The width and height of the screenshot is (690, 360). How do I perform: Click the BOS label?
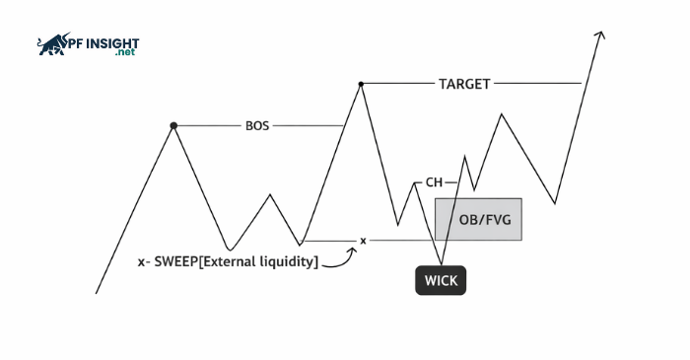click(257, 126)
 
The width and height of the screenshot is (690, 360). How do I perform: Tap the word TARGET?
click(464, 84)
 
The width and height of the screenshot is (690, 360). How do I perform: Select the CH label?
click(434, 182)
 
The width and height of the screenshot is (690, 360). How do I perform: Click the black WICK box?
click(440, 280)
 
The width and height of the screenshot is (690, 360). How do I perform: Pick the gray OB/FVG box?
click(478, 219)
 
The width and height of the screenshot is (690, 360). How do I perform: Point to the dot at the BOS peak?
click(174, 126)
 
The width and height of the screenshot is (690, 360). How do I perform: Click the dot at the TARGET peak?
click(361, 84)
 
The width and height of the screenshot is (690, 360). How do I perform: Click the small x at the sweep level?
click(363, 241)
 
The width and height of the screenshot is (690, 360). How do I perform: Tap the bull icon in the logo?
click(52, 44)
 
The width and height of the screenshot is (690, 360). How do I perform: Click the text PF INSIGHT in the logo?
click(103, 43)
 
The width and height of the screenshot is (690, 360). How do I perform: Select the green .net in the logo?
click(124, 54)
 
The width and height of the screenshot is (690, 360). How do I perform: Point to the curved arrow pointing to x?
click(340, 259)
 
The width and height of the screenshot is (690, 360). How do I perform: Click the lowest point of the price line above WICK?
click(441, 263)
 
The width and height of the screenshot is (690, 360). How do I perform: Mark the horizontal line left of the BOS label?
click(209, 126)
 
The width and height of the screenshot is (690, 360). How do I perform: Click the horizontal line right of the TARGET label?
click(537, 84)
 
